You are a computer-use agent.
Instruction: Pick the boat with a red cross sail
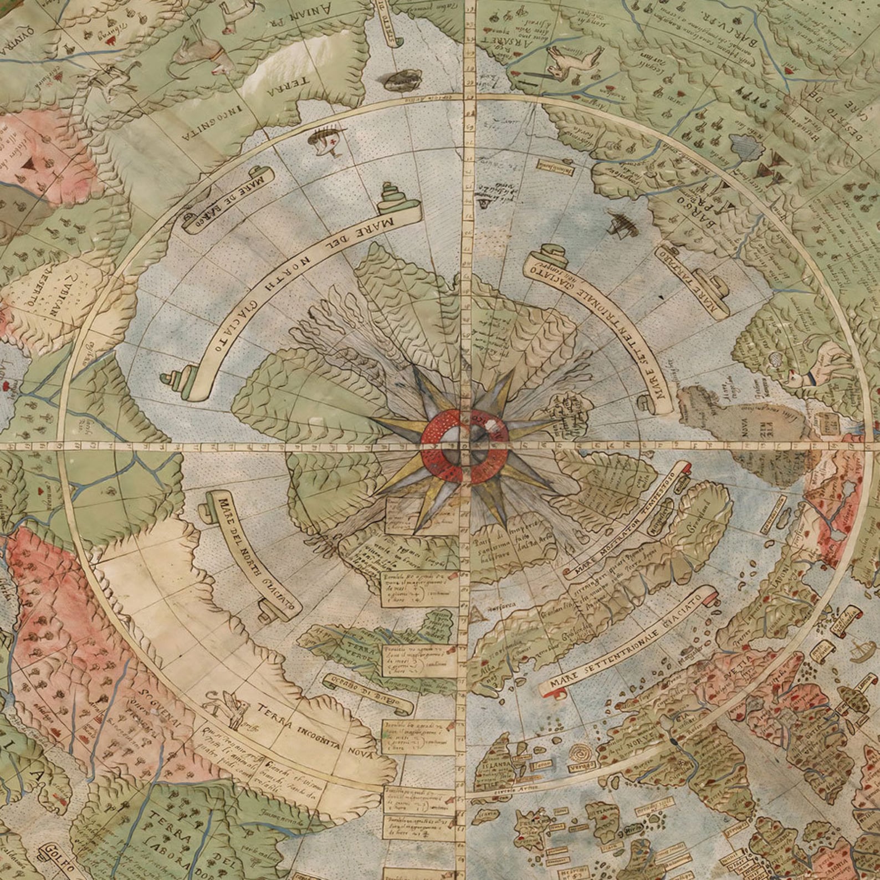(326, 136)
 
